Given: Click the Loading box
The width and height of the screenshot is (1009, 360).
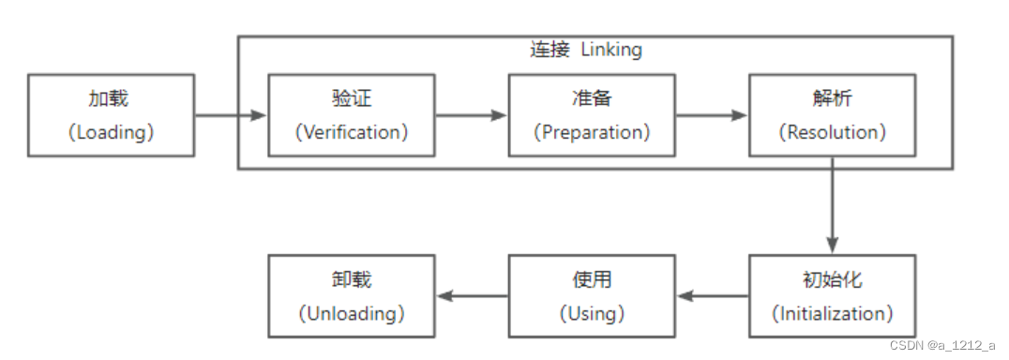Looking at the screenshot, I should (x=111, y=115).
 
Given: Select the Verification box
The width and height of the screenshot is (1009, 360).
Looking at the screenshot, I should (x=352, y=115).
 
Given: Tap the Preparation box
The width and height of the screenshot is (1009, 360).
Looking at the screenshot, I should (x=592, y=115).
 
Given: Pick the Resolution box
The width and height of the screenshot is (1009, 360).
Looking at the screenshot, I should (x=832, y=115).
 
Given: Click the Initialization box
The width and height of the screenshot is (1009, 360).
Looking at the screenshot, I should (x=832, y=296).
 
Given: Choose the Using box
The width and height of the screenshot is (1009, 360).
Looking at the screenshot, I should (x=592, y=296).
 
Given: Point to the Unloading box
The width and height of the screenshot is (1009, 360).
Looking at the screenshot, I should (x=352, y=296).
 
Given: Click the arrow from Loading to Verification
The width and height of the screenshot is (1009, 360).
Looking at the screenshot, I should (x=231, y=115).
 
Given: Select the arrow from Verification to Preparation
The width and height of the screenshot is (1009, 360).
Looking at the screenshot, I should (x=472, y=115).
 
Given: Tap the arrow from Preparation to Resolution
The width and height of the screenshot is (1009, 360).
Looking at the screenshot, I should (x=712, y=115).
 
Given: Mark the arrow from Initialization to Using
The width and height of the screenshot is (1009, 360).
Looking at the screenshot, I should (x=712, y=296).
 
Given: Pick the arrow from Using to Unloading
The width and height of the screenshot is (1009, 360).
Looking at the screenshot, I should (x=472, y=296).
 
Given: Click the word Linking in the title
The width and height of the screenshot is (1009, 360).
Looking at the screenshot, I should (x=611, y=50).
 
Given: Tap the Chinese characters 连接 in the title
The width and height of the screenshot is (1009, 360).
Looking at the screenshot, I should (x=550, y=50).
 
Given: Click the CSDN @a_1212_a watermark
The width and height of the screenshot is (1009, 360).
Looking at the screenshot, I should (x=941, y=345).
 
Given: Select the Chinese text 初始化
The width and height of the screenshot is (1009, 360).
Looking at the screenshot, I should (x=832, y=280).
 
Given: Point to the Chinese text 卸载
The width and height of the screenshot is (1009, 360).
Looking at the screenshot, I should (x=352, y=280).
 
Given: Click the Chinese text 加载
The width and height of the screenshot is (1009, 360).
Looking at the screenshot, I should (x=111, y=99).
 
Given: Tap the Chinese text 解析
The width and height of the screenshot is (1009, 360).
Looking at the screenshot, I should (x=832, y=99).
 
